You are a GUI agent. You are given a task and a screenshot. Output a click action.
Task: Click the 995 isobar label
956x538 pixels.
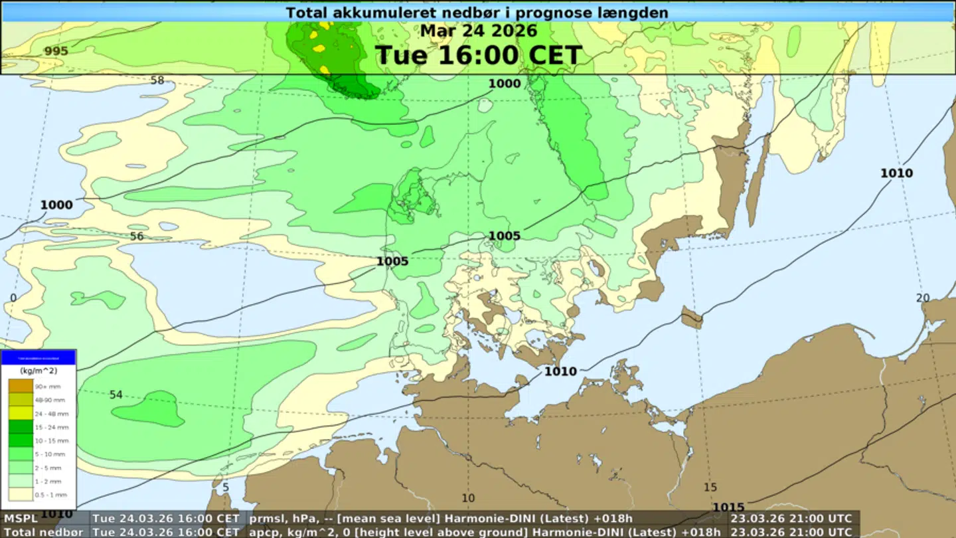pyautogui.click(x=56, y=51)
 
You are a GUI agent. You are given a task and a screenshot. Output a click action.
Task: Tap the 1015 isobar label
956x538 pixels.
pyautogui.click(x=728, y=508)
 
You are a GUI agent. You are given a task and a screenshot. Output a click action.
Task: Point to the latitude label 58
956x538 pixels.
pyautogui.click(x=157, y=80)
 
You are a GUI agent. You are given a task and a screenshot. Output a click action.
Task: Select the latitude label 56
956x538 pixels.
pyautogui.click(x=137, y=236)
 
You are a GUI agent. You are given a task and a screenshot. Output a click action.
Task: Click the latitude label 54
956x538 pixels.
pyautogui.click(x=116, y=395)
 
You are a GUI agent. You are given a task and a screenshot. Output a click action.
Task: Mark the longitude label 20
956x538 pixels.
pyautogui.click(x=923, y=298)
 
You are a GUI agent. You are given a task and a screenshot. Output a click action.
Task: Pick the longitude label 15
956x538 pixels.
pyautogui.click(x=710, y=488)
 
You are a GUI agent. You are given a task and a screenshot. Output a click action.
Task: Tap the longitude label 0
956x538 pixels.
pyautogui.click(x=13, y=298)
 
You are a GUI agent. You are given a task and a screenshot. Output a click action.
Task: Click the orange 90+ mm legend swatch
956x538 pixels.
pyautogui.click(x=20, y=386)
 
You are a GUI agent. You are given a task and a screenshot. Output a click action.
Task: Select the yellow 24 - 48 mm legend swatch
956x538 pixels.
pyautogui.click(x=20, y=413)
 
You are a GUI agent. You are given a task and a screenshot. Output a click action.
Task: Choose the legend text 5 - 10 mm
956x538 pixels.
pyautogui.click(x=50, y=454)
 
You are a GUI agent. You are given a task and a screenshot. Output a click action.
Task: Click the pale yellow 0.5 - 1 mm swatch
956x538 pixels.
pyautogui.click(x=20, y=494)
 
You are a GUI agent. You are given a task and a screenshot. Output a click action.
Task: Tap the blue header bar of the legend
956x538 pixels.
pyautogui.click(x=39, y=357)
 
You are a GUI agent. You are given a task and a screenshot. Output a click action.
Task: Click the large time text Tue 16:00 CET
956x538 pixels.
pyautogui.click(x=478, y=55)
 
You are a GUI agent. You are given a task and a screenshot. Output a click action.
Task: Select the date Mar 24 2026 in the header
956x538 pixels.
pyautogui.click(x=478, y=31)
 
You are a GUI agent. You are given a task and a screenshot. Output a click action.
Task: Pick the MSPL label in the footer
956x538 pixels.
pyautogui.click(x=21, y=518)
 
